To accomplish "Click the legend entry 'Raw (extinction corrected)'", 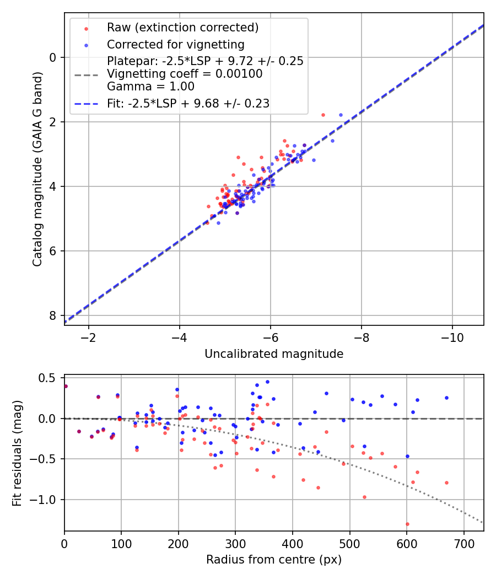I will pyautogui.click(x=182, y=28).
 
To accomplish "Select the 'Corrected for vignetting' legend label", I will pyautogui.click(x=176, y=44).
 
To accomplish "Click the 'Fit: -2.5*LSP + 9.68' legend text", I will pyautogui.click(x=188, y=103).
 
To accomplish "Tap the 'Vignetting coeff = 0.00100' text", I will pyautogui.click(x=185, y=73).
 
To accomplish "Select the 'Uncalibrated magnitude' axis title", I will pyautogui.click(x=274, y=354).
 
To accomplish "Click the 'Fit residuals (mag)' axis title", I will pyautogui.click(x=18, y=453).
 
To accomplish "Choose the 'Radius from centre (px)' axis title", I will pyautogui.click(x=274, y=560).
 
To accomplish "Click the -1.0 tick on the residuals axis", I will pyautogui.click(x=47, y=500).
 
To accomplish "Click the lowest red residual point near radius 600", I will pyautogui.click(x=407, y=524).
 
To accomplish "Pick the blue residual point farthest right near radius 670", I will pyautogui.click(x=446, y=398).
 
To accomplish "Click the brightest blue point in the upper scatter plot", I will pyautogui.click(x=341, y=115).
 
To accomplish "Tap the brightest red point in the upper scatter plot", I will pyautogui.click(x=323, y=115).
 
